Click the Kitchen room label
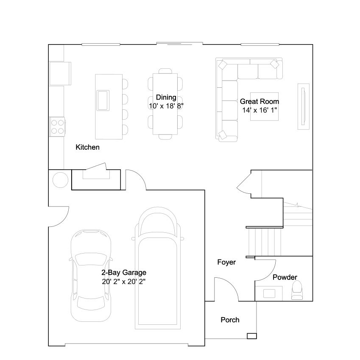click(x=87, y=147)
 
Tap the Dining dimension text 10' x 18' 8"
click(x=166, y=106)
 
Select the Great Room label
click(x=260, y=101)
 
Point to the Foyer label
click(x=226, y=262)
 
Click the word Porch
click(x=230, y=320)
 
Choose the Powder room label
click(x=285, y=277)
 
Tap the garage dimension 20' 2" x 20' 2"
click(x=124, y=282)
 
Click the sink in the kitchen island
click(x=103, y=100)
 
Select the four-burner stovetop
click(x=57, y=127)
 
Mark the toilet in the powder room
click(x=297, y=290)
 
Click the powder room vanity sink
click(x=269, y=293)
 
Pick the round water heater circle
click(x=60, y=180)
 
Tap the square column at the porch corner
click(x=251, y=336)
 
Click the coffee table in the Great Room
click(x=264, y=106)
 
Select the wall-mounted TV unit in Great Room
click(x=304, y=106)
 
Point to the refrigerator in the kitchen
click(x=60, y=73)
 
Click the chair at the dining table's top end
click(x=165, y=71)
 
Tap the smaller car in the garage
click(x=91, y=276)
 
